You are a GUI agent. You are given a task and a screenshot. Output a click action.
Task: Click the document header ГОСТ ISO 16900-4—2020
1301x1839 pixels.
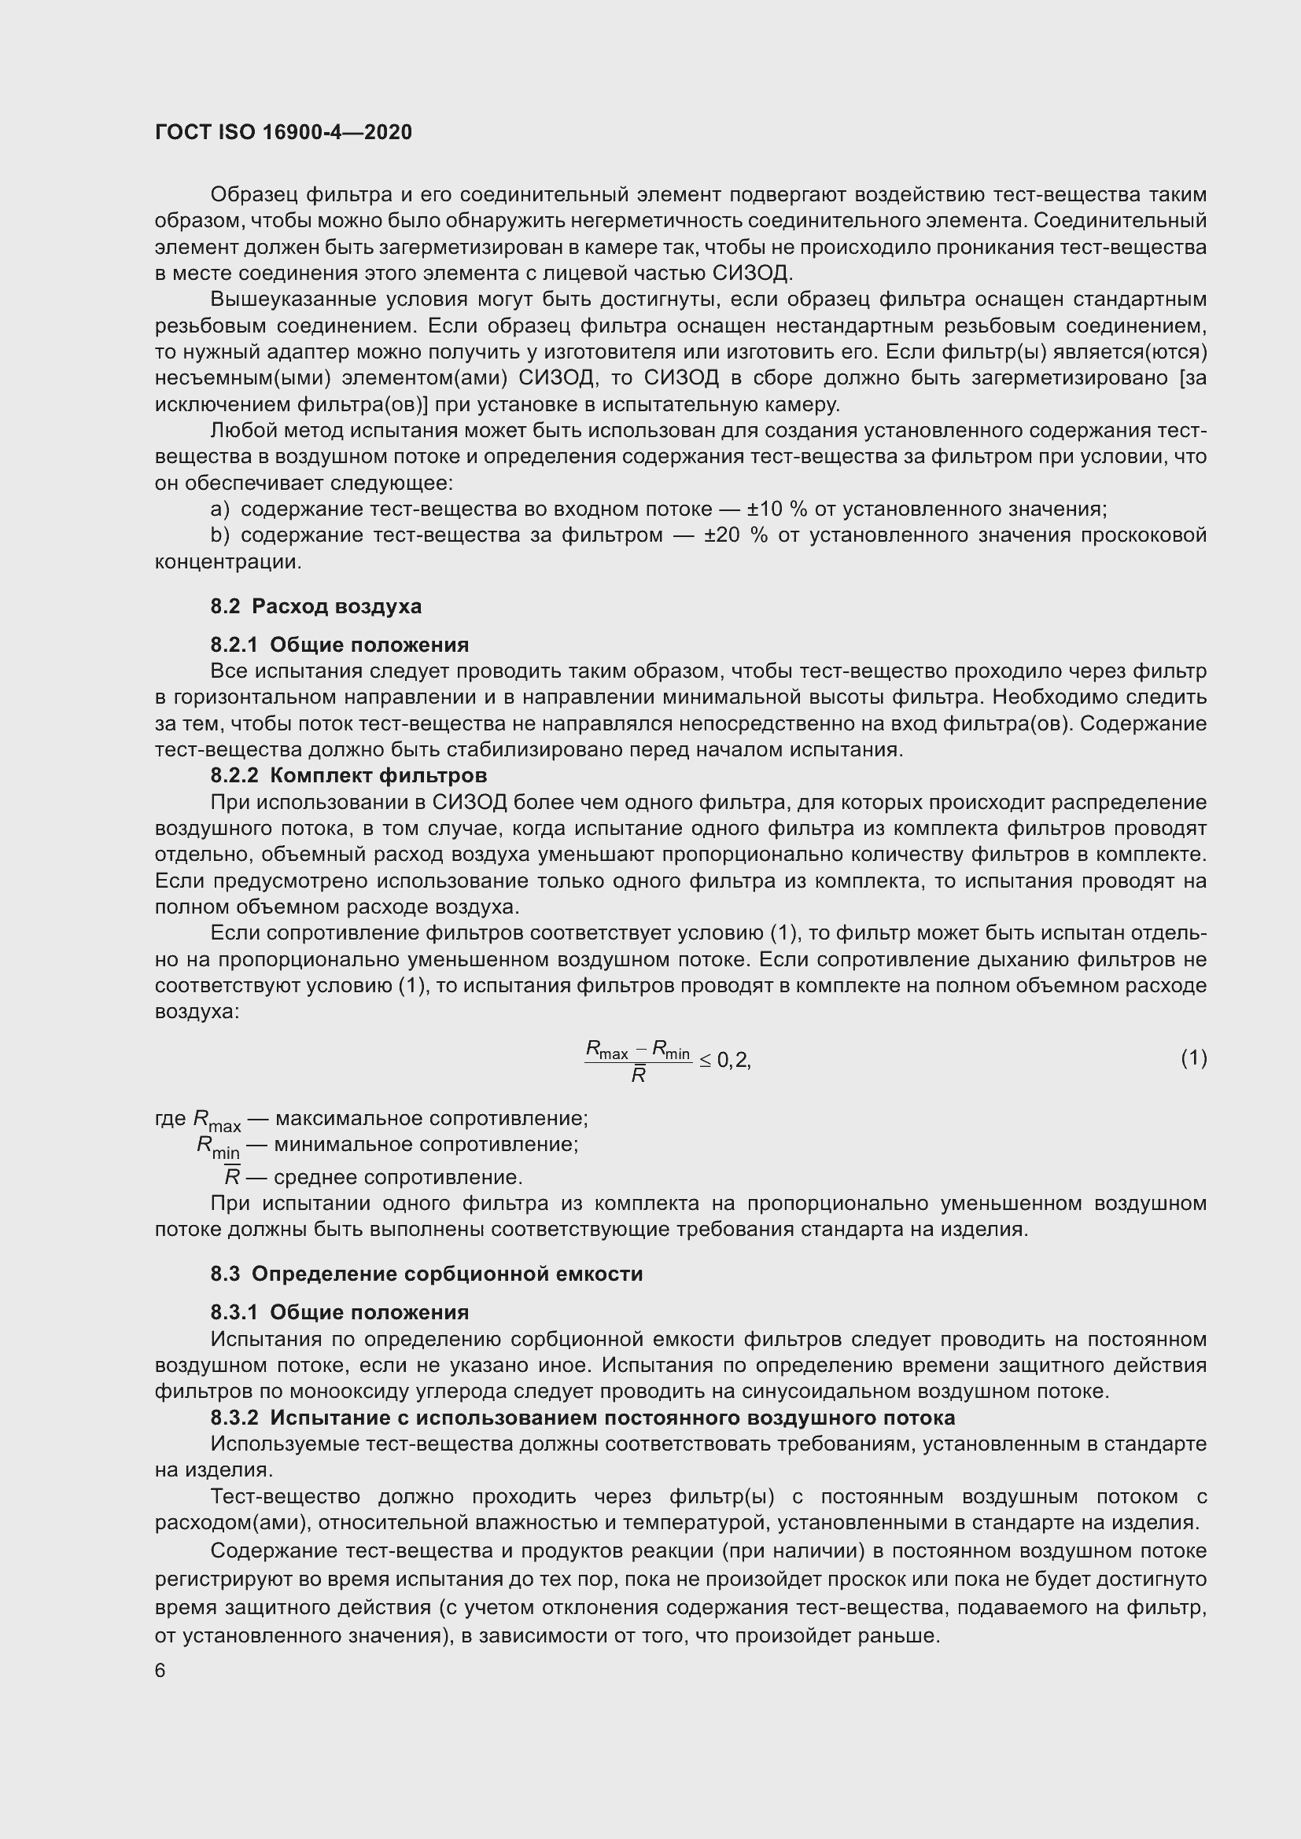283,132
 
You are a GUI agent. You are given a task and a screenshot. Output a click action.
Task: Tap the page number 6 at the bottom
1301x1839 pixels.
160,1670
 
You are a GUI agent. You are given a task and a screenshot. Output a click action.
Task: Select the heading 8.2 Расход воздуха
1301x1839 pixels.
315,606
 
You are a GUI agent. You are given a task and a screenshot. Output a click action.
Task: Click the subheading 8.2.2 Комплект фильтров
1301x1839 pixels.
348,775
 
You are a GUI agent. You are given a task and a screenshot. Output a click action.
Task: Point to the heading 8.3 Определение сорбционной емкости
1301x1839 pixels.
426,1274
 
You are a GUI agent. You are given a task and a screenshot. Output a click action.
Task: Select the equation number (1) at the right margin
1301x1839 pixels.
1193,1058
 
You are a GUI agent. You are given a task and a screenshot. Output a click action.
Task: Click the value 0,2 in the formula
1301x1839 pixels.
732,1061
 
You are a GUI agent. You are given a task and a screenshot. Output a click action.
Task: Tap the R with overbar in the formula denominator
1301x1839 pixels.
639,1076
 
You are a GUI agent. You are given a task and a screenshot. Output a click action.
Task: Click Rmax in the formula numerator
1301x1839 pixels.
606,1049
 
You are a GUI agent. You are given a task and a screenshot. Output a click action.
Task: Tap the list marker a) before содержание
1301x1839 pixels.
219,509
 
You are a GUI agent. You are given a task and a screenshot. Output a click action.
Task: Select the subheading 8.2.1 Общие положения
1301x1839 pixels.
340,645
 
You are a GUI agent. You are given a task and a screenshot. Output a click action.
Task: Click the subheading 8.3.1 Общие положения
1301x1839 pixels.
340,1312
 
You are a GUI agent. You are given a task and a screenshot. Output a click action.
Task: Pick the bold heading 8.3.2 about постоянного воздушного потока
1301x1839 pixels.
582,1418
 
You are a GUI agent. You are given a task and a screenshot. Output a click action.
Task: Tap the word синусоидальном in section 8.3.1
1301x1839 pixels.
831,1392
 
